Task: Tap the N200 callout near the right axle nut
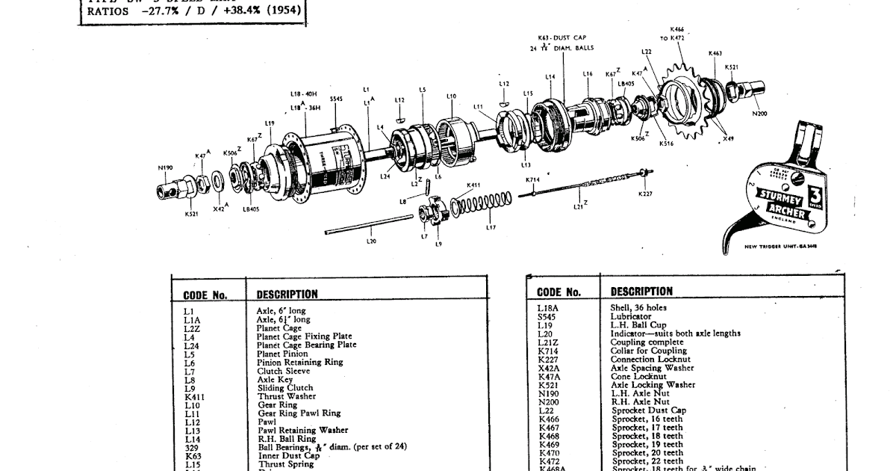tap(759, 114)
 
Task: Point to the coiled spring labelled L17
tap(484, 204)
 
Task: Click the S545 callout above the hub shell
tap(336, 99)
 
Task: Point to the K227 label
tap(645, 194)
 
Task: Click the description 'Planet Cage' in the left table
tap(279, 328)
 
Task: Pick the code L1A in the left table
tap(192, 319)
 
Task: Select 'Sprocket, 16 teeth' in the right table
tap(647, 419)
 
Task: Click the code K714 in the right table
tap(549, 351)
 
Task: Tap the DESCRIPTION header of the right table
tap(641, 292)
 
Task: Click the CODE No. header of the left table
tap(205, 295)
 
